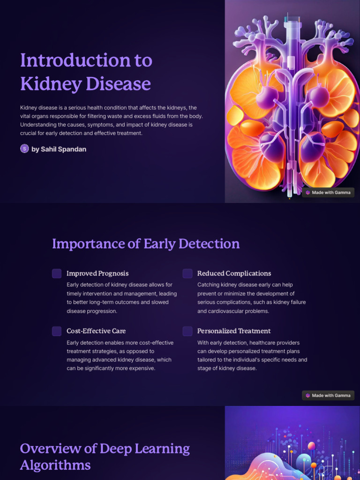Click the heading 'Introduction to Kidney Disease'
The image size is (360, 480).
coord(86,72)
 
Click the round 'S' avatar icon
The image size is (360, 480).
coord(24,149)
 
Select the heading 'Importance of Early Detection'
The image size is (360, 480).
coord(146,244)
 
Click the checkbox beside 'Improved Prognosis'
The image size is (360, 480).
coord(57,274)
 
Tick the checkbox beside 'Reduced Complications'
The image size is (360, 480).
coord(187,274)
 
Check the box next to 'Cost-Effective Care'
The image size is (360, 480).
coord(57,331)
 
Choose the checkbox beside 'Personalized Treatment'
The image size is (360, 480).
coord(187,331)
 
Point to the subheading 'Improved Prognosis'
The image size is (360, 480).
coord(97,273)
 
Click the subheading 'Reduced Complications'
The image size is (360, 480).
coord(234,273)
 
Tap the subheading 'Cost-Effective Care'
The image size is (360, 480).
coord(96,331)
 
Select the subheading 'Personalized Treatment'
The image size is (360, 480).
coord(234,331)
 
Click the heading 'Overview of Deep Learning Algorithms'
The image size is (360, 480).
coord(105,457)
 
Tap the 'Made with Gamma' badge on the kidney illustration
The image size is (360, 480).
coord(328,193)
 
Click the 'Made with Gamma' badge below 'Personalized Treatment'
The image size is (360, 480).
coord(328,396)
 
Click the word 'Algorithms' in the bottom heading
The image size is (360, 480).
coord(55,465)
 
